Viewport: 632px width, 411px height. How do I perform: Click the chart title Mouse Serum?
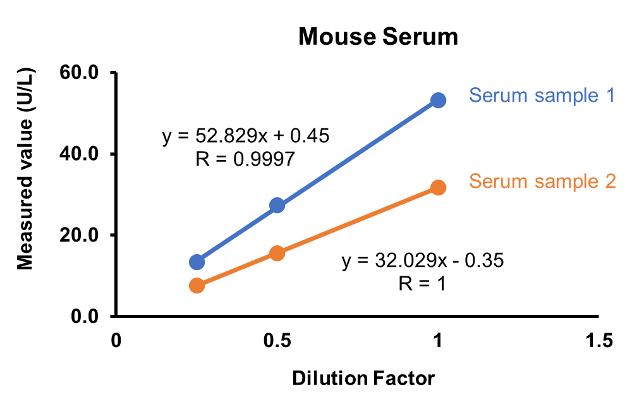(378, 37)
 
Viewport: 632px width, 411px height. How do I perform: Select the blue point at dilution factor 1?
(438, 100)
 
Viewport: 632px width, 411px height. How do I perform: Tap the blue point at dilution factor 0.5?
(277, 205)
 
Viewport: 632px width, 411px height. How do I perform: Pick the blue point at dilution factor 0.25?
(197, 262)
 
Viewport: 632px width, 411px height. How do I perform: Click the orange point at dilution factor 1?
(438, 187)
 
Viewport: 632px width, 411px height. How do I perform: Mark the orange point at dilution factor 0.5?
(277, 253)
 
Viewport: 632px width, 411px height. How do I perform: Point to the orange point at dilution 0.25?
(197, 286)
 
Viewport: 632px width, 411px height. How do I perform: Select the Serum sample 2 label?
(542, 181)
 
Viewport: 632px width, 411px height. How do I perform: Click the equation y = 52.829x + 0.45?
(246, 136)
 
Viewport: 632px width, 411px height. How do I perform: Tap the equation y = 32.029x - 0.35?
(423, 260)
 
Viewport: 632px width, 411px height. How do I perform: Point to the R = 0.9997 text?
(246, 159)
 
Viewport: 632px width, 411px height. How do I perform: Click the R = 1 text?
(422, 283)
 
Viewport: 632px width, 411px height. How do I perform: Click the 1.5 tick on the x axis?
(599, 341)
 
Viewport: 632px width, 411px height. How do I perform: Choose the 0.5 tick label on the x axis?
(277, 341)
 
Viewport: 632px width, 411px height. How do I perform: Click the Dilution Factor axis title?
(363, 379)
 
